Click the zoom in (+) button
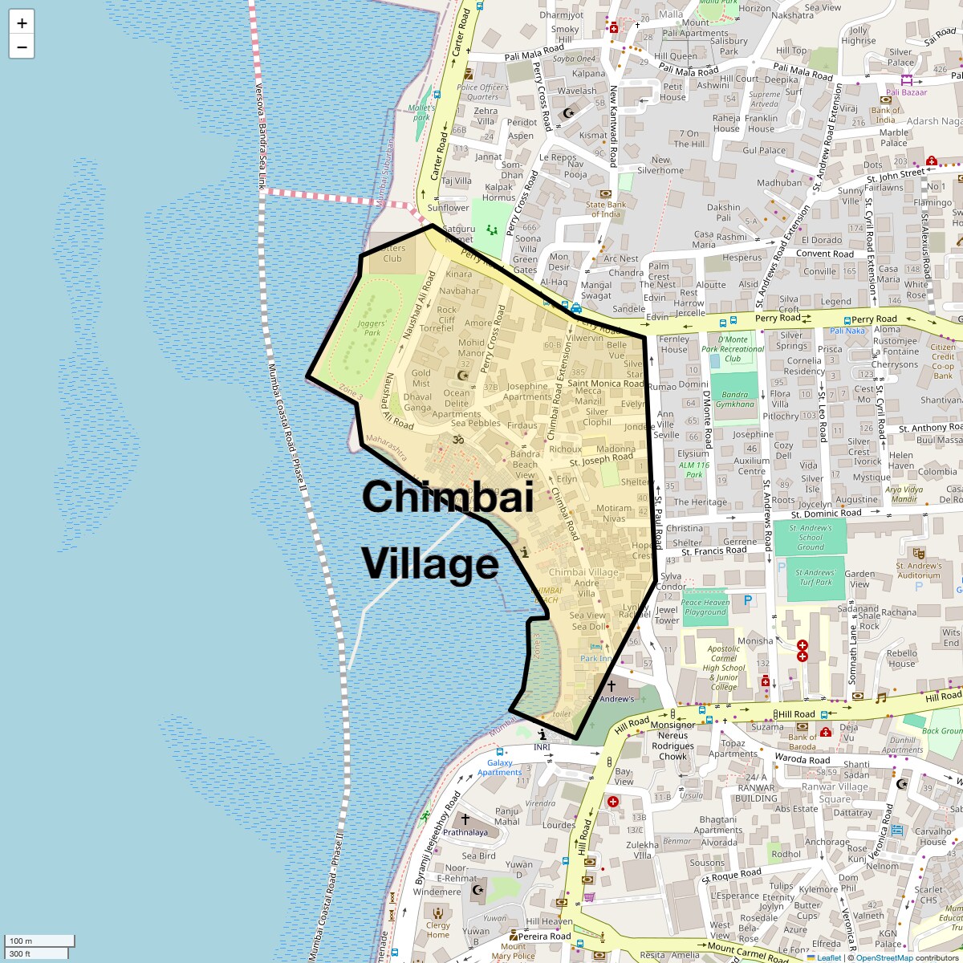click(x=22, y=23)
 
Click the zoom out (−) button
click(x=22, y=47)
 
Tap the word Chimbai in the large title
click(x=447, y=498)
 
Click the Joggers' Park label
click(x=371, y=327)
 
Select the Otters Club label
click(x=392, y=253)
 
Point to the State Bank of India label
click(x=606, y=209)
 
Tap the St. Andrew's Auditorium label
click(x=919, y=570)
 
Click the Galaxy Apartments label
click(x=499, y=768)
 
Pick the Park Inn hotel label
click(x=596, y=658)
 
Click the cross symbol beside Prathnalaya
click(x=465, y=819)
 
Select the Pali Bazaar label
click(x=907, y=92)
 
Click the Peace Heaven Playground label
click(x=705, y=607)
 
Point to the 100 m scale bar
click(x=40, y=941)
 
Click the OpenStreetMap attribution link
click(x=884, y=957)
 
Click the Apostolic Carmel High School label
click(x=723, y=667)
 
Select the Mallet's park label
click(x=421, y=112)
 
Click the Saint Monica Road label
click(x=606, y=384)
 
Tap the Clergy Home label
click(x=438, y=929)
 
